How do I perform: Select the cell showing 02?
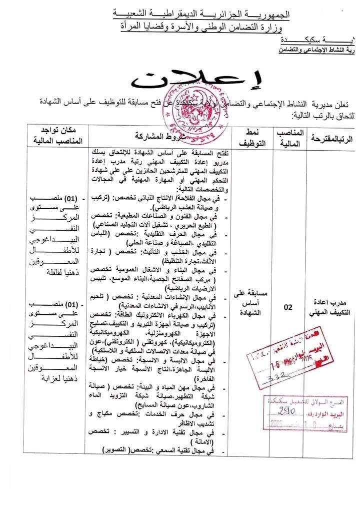point(288,308)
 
